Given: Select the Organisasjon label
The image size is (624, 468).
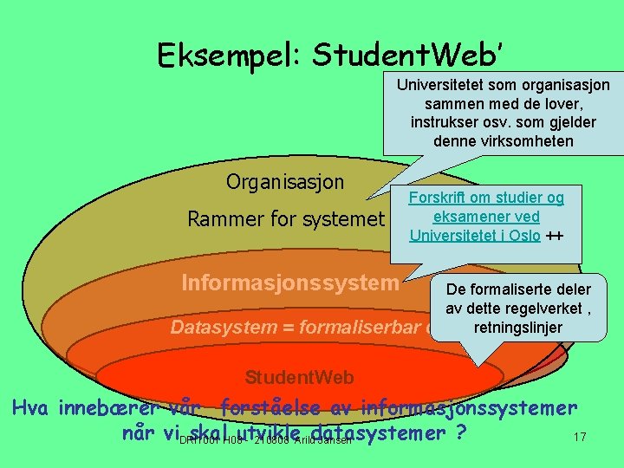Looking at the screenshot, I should coord(285,182).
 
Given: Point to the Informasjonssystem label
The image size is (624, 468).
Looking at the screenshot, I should coord(290,283).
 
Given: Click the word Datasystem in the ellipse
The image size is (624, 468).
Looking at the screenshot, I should coord(217,327).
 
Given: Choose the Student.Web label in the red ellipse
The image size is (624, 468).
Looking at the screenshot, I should coord(299,377).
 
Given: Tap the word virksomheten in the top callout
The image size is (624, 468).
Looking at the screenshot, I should coord(531,140).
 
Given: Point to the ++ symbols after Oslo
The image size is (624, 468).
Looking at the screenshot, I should coord(556,235).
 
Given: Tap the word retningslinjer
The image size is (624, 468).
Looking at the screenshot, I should coord(517,328).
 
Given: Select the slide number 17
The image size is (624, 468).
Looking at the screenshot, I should coord(580,438).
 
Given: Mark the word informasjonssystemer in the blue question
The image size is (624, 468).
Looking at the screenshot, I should coord(469,406).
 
